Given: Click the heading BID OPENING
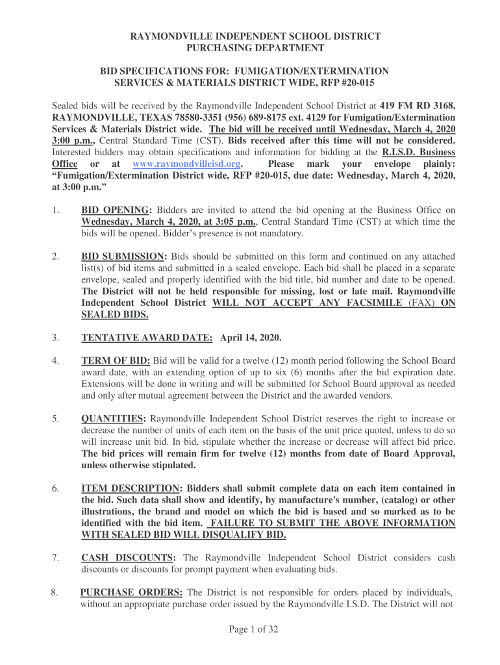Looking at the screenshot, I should click(116, 210).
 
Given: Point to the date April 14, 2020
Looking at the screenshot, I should click(251, 338).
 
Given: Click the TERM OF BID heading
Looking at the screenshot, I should click(116, 360).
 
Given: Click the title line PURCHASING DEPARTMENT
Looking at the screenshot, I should click(255, 48).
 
